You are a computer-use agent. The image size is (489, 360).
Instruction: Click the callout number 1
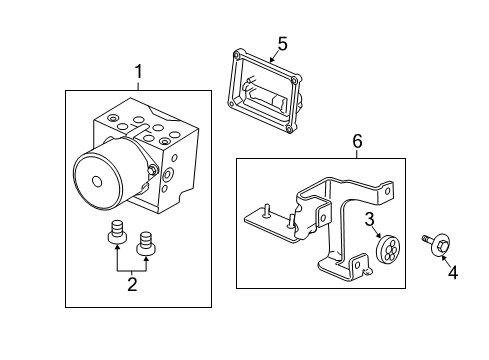(x=139, y=72)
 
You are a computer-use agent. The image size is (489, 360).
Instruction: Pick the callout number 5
(x=282, y=43)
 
